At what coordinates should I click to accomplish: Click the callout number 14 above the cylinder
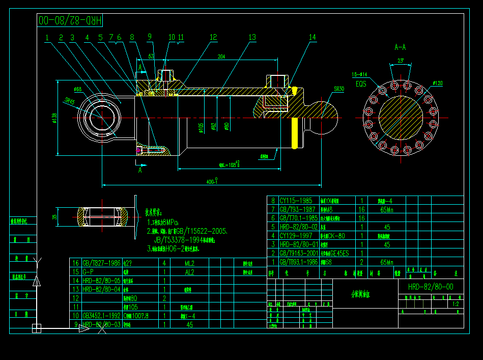pos(312,37)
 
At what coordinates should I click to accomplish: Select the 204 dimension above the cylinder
pos(221,57)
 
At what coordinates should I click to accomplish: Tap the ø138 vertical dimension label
pos(54,118)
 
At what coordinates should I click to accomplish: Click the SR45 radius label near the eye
pos(69,101)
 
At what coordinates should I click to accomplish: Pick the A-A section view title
pos(401,47)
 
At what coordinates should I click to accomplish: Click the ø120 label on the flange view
pos(437,82)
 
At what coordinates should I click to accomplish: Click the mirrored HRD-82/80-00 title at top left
pos(71,20)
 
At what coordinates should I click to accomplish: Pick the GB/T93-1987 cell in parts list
pos(298,209)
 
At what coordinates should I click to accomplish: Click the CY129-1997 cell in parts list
pos(298,236)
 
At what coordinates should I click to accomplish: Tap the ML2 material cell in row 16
pos(189,263)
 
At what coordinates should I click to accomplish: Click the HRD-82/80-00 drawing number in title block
pos(431,287)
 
